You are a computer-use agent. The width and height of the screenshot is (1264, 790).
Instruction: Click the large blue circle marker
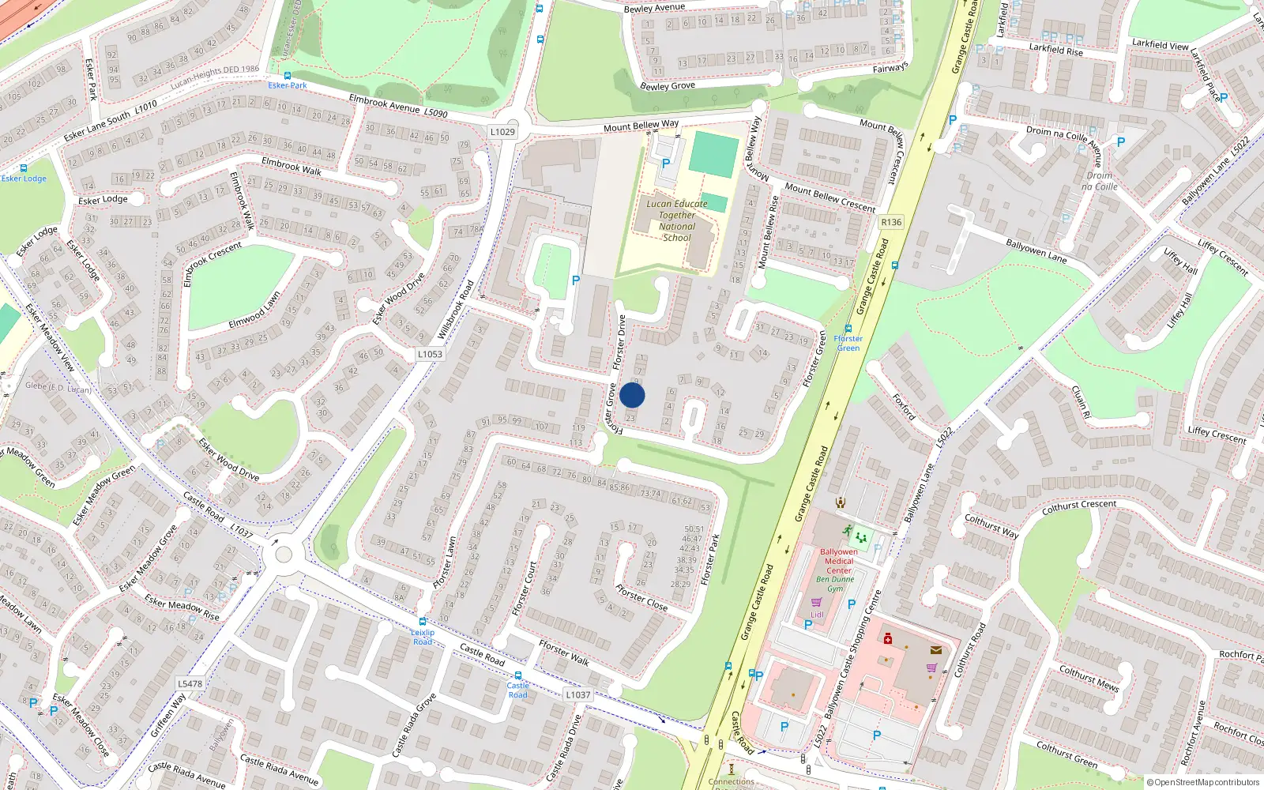(632, 395)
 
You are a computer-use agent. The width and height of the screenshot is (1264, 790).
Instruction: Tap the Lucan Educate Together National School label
(677, 220)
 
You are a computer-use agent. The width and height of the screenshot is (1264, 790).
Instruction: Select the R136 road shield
(891, 222)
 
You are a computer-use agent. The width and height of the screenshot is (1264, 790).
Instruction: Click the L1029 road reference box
(502, 132)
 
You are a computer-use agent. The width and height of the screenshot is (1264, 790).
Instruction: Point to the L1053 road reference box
(430, 354)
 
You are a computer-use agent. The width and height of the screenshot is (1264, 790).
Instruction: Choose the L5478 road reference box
(190, 683)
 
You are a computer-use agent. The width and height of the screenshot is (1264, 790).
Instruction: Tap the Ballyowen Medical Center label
(838, 561)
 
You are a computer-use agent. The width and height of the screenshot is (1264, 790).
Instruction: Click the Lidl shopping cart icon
(817, 602)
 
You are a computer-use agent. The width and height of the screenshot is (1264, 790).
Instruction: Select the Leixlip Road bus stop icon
(423, 622)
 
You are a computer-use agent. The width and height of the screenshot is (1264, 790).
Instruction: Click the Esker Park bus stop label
(287, 85)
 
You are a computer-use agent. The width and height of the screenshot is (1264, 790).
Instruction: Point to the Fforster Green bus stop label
(848, 343)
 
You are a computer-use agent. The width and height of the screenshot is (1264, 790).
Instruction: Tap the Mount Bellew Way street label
(641, 126)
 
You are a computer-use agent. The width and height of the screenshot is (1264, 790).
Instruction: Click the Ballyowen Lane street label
(1036, 251)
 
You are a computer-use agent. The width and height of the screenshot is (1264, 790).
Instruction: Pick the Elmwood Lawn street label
(254, 310)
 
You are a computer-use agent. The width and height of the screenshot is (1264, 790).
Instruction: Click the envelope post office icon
(936, 650)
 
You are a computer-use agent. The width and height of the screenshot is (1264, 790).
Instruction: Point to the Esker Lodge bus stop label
(24, 179)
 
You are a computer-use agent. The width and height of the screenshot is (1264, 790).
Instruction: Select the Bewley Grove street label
(668, 85)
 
